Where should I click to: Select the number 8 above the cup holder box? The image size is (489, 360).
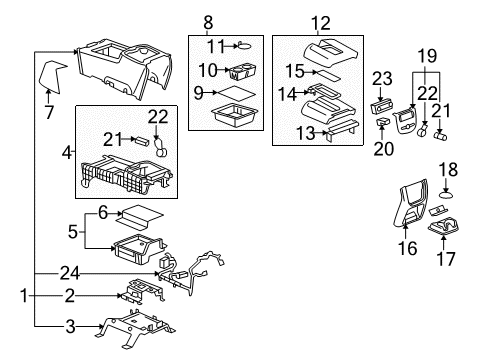pyautogui.click(x=208, y=21)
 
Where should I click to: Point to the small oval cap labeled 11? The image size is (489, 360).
pyautogui.click(x=244, y=44)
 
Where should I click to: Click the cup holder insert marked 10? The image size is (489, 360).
pyautogui.click(x=241, y=71)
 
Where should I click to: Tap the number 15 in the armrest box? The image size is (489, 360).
pyautogui.click(x=293, y=72)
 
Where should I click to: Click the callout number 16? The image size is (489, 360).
pyautogui.click(x=405, y=246)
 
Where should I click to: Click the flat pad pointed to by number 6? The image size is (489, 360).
pyautogui.click(x=136, y=213)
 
